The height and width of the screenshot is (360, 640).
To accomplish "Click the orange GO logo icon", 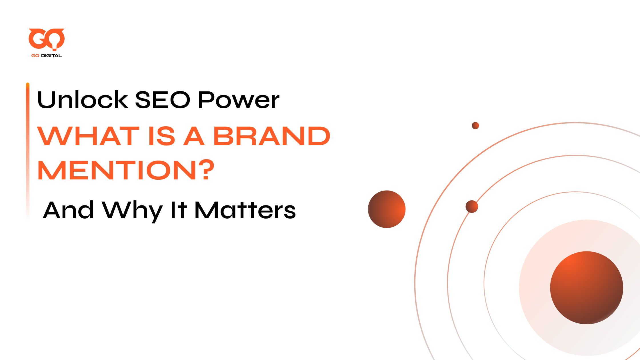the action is [x=47, y=39].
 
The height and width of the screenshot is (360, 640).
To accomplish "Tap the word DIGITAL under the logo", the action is [x=51, y=56].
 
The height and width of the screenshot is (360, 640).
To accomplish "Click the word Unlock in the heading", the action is [x=83, y=100].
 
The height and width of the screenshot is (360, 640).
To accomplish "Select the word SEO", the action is [x=162, y=100].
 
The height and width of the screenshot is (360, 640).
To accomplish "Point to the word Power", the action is [x=239, y=100].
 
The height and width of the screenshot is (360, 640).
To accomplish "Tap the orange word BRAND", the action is [x=272, y=136].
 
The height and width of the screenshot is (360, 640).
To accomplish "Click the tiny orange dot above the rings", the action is [x=475, y=126].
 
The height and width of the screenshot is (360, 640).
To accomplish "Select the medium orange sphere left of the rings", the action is [x=387, y=209].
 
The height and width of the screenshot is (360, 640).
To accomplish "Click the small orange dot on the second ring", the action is [x=472, y=207].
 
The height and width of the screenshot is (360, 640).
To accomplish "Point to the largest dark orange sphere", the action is [x=587, y=288].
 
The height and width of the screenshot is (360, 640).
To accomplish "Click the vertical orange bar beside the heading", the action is [x=28, y=151].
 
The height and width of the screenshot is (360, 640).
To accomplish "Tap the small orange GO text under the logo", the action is [x=35, y=56].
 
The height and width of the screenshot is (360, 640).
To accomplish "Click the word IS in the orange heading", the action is [x=161, y=136].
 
